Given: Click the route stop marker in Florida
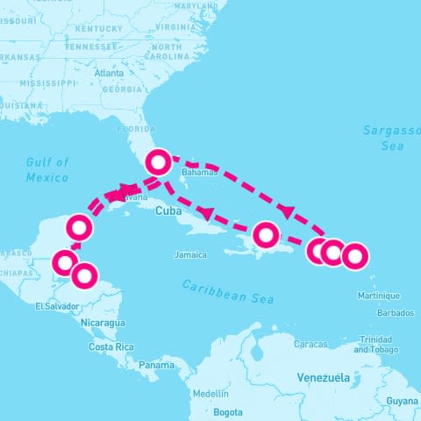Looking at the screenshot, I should click(158, 161).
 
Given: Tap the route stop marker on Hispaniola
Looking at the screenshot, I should click(266, 235).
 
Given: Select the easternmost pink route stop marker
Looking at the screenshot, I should click(353, 257).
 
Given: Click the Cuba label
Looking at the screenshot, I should click(168, 211).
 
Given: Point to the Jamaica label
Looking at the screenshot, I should click(190, 255).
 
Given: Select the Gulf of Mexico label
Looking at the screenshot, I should click(47, 169).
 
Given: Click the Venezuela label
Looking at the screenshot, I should click(325, 377).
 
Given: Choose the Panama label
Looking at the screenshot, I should click(156, 365).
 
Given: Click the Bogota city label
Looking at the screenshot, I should click(228, 411).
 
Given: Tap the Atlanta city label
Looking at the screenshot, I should click(109, 73).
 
